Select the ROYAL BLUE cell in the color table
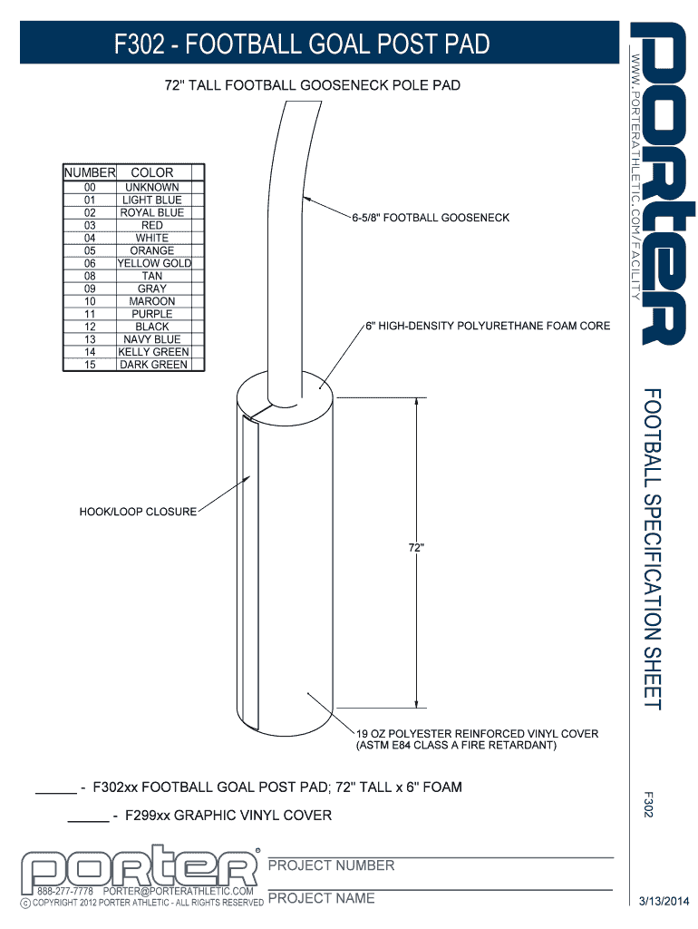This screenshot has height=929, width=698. tap(152, 212)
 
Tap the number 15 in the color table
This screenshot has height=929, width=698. tap(90, 365)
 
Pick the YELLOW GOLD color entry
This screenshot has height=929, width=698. tap(153, 263)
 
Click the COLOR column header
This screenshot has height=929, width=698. tap(152, 172)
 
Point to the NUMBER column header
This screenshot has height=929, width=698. tap(90, 172)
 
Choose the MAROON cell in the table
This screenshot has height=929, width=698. tap(152, 301)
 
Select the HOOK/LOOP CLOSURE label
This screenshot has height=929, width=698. tap(138, 512)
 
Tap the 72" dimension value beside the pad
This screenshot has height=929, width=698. tap(415, 547)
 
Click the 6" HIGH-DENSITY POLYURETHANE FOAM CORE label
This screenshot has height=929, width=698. tap(488, 326)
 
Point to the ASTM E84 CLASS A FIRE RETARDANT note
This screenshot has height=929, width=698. tap(456, 746)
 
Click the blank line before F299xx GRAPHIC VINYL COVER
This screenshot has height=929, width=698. tap(88, 820)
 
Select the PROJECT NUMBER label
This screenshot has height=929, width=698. tap(332, 865)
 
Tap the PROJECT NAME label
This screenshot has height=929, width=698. tap(321, 898)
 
